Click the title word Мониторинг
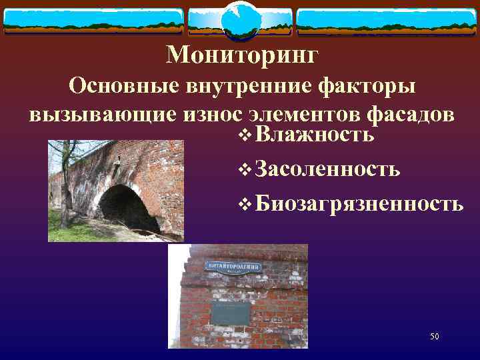[x=243, y=55]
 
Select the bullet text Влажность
[x=313, y=135]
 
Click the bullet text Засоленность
[x=327, y=169]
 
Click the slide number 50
[x=434, y=337]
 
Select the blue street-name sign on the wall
[x=235, y=267]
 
